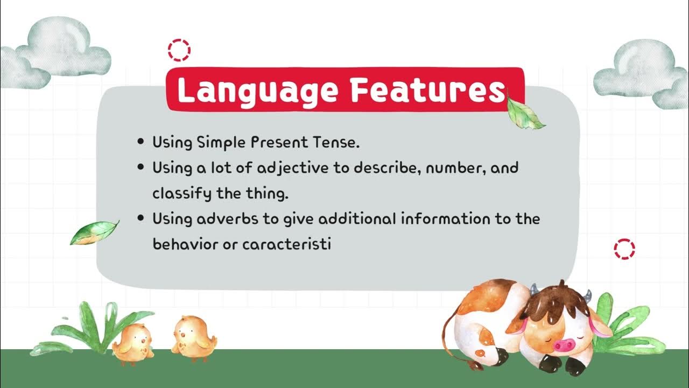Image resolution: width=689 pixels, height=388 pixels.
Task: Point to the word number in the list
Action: pos(457,168)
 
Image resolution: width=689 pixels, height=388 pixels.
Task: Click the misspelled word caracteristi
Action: pos(286,244)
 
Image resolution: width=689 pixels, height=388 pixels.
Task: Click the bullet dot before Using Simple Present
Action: pos(141,142)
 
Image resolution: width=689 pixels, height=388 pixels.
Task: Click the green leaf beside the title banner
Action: pos(525,114)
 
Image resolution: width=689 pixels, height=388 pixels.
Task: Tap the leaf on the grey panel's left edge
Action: pos(94,232)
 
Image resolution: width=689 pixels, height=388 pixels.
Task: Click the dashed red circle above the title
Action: pos(179,50)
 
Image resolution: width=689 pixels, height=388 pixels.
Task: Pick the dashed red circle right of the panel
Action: pos(624,250)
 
